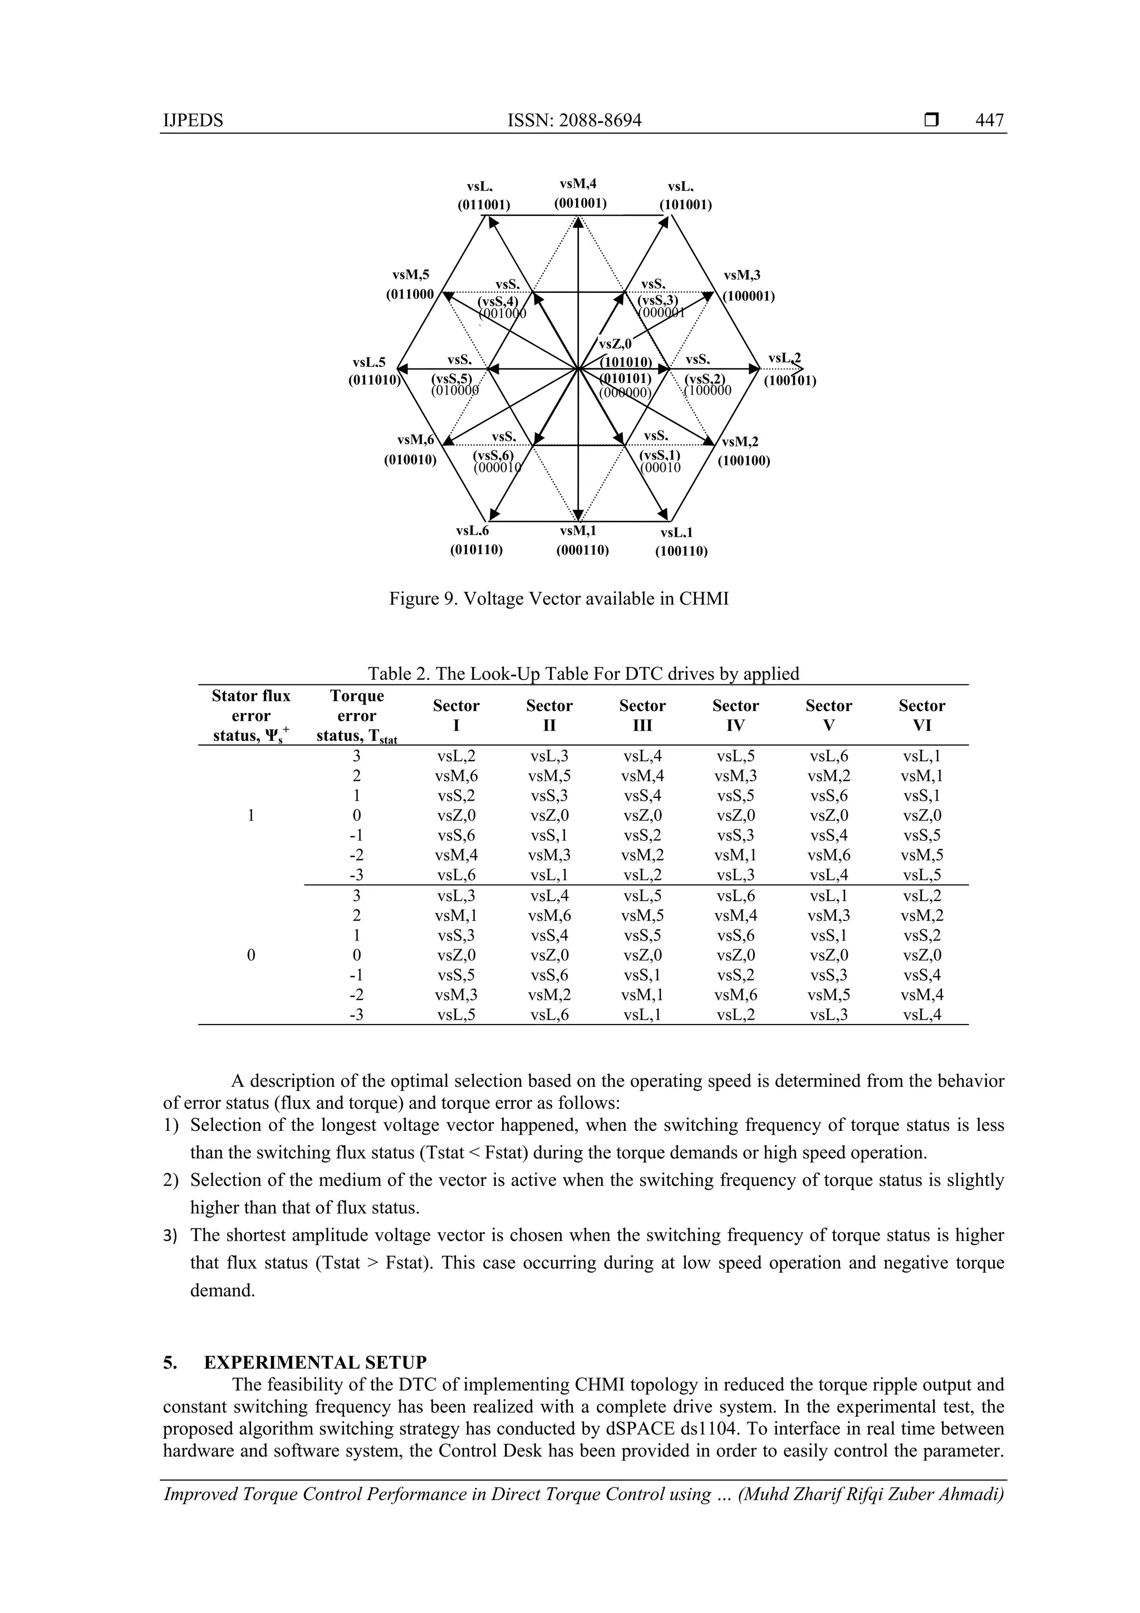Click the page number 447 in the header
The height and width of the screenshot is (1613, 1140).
[x=989, y=120]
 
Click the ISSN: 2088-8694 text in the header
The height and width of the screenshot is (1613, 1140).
[x=574, y=120]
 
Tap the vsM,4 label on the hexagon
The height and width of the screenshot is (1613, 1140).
[x=578, y=184]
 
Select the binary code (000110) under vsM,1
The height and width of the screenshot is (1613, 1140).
[x=582, y=550]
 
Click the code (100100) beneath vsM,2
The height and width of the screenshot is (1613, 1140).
[x=743, y=461]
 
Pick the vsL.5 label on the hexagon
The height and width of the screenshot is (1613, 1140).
[x=370, y=362]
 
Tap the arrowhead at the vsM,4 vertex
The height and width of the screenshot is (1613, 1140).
[x=577, y=222]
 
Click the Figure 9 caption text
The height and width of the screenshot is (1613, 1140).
[x=559, y=599]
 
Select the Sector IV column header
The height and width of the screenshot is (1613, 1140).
[x=735, y=715]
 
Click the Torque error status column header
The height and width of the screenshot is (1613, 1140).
[x=357, y=715]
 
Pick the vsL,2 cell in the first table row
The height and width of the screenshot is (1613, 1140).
[x=456, y=757]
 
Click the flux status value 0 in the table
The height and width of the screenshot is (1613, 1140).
[x=250, y=955]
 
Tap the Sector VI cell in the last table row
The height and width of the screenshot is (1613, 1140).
[x=922, y=1014]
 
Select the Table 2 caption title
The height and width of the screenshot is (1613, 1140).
[x=583, y=674]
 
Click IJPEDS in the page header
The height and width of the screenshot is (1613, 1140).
[x=193, y=120]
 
